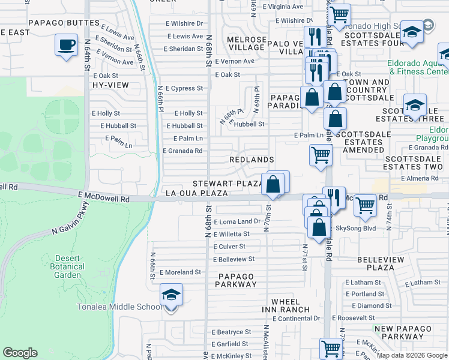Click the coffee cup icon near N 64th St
pyautogui.click(x=66, y=44)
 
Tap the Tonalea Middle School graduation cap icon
pyautogui.click(x=171, y=295)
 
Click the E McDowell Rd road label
pyautogui.click(x=104, y=197)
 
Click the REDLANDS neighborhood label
pyautogui.click(x=252, y=160)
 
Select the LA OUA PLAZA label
pyautogui.click(x=196, y=193)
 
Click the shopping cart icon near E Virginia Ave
pyautogui.click(x=340, y=13)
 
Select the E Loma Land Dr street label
pyautogui.click(x=237, y=221)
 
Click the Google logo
pyautogui.click(x=20, y=353)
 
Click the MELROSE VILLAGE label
pyautogui.click(x=247, y=43)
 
